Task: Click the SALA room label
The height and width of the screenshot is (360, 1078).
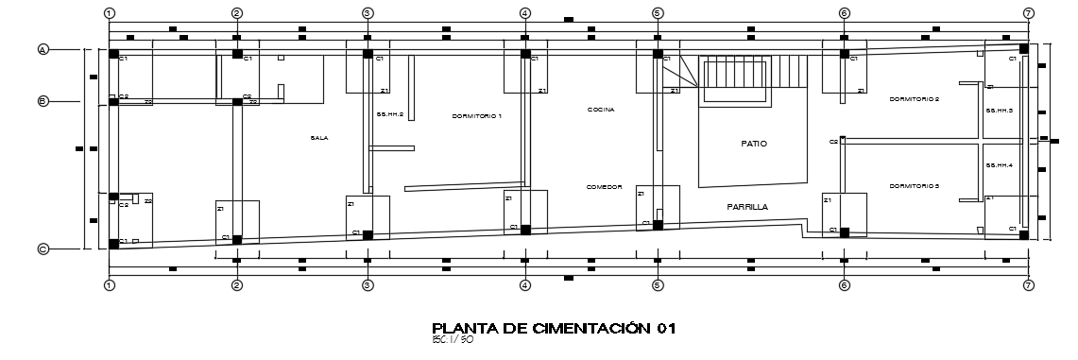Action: click(318, 138)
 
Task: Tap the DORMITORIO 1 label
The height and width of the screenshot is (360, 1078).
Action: click(476, 116)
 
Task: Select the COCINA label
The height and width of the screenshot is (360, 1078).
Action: click(601, 110)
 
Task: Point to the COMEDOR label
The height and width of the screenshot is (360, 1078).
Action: click(604, 187)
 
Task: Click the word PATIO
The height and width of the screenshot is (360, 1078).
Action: click(754, 144)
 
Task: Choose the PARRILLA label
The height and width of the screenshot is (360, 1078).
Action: click(746, 206)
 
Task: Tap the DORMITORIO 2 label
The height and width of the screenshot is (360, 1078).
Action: click(914, 99)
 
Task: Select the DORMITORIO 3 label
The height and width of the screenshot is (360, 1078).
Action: click(914, 187)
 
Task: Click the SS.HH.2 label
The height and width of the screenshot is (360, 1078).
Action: click(390, 115)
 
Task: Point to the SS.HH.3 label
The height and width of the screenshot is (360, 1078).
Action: click(1000, 111)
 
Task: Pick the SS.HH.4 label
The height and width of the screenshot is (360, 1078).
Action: click(1000, 165)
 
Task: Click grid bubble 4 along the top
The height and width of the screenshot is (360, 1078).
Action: click(524, 13)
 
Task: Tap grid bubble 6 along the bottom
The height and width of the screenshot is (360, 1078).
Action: click(845, 284)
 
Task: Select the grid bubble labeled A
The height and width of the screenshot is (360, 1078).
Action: click(43, 49)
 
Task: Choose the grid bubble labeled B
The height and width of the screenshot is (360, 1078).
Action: click(43, 101)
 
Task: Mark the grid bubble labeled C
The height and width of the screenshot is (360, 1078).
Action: click(43, 249)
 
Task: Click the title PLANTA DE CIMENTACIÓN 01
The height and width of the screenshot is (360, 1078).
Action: click(553, 328)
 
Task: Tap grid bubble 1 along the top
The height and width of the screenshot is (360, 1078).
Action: click(110, 13)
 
